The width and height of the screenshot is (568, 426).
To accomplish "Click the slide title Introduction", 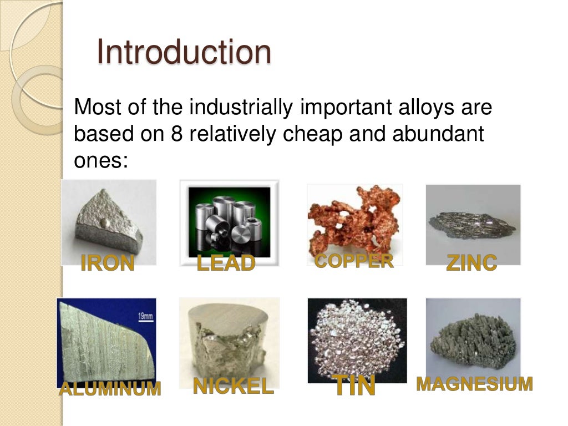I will [x=184, y=52].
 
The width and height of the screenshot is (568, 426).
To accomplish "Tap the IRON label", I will [x=108, y=263].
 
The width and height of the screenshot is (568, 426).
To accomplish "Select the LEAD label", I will [x=226, y=263].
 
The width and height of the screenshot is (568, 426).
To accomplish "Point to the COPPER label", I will [x=354, y=261].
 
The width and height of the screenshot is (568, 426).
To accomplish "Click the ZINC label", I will [x=471, y=263].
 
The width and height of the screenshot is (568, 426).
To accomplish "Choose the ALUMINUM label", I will [x=110, y=389].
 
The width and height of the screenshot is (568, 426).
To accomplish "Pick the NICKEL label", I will [x=233, y=386].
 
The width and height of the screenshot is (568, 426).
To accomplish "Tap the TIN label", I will [x=354, y=386].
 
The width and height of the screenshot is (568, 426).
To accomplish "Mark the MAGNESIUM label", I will [x=474, y=384].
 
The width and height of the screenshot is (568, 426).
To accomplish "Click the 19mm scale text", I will [x=145, y=316].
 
